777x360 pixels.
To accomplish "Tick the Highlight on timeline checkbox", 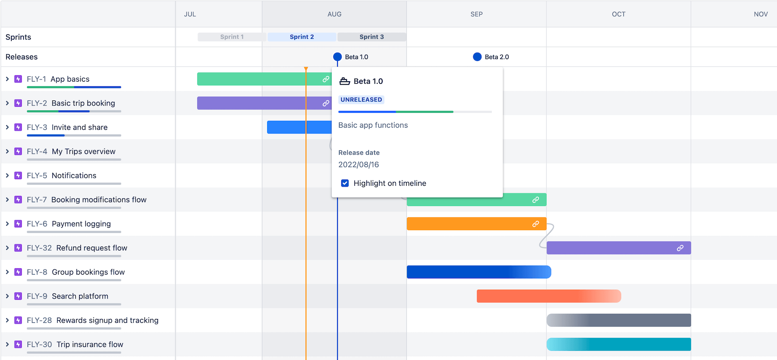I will [345, 183].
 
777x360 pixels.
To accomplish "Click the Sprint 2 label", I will [301, 37].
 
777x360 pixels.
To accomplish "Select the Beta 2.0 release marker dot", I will [477, 57].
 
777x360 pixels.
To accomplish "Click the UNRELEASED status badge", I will [361, 100].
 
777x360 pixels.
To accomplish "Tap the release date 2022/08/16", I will [358, 165].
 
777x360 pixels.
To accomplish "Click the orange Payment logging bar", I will [465, 224].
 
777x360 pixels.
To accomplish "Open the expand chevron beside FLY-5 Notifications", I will [8, 175].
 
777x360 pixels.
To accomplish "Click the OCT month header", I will [618, 14].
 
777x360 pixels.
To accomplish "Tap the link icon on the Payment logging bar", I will [535, 224].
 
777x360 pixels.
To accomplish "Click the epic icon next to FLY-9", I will [18, 296].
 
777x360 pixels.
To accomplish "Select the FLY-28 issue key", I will [39, 320].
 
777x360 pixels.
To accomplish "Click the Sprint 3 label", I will [371, 37].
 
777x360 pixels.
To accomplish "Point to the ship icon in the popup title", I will [345, 81].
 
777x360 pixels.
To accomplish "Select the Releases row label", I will [21, 57].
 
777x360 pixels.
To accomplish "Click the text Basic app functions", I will [373, 125].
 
